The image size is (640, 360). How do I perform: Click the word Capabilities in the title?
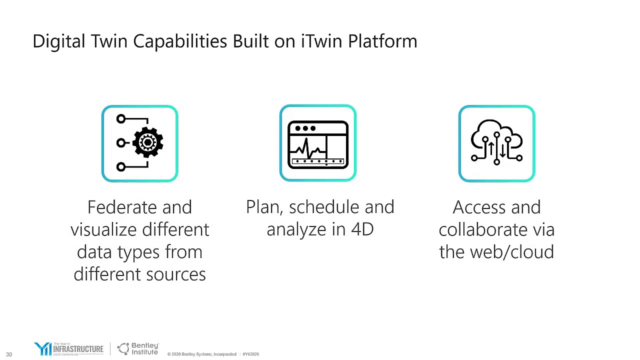180,41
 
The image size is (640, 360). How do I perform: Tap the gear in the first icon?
148,143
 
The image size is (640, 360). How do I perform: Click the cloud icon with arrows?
496,143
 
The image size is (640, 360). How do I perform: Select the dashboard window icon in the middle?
318,143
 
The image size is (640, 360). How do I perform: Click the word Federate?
118,207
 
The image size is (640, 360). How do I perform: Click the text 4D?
362,229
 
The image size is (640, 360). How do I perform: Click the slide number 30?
9,354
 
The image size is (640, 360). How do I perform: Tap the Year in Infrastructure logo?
68,348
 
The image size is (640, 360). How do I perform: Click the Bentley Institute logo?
138,348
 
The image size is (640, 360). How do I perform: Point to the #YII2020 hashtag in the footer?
251,354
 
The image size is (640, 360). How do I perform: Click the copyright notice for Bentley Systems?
201,354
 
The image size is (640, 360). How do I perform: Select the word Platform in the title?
382,41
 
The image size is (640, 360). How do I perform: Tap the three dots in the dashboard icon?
305,128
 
